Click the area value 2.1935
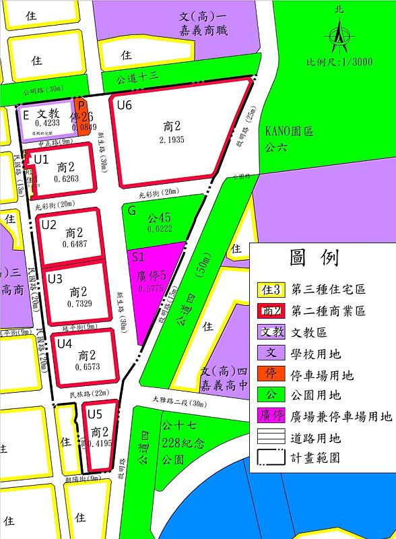(172, 139)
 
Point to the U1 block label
(41, 160)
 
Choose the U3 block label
(55, 278)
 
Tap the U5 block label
(95, 414)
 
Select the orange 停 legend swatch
(271, 375)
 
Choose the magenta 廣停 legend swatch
(271, 416)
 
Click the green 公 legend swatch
(271, 395)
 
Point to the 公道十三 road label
(136, 77)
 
